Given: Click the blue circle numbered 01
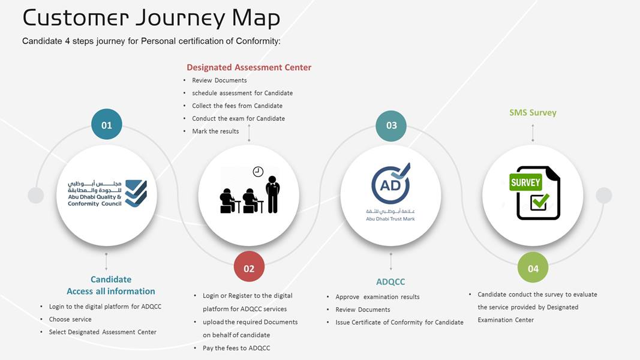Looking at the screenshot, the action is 107,124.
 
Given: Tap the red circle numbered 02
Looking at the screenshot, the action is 249,267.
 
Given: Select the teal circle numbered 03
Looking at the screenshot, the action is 391,126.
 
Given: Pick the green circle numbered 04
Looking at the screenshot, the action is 533,268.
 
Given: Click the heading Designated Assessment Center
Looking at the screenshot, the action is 249,67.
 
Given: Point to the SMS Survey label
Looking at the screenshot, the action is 533,113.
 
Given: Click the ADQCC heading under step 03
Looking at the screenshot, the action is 390,281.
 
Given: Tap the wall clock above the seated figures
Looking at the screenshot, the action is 258,172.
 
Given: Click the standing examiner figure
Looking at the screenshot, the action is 273,194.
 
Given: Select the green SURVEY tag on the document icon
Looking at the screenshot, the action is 525,182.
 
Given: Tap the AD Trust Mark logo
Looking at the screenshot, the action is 390,183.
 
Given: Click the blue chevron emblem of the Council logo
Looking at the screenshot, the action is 136,193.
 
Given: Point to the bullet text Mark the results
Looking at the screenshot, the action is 215,131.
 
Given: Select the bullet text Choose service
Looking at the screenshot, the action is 70,319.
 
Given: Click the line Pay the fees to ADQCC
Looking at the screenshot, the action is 236,348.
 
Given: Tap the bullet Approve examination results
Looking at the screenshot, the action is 377,297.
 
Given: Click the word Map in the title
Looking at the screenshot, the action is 256,19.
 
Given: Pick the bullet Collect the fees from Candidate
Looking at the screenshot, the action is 237,106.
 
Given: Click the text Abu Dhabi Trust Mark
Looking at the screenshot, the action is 390,219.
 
